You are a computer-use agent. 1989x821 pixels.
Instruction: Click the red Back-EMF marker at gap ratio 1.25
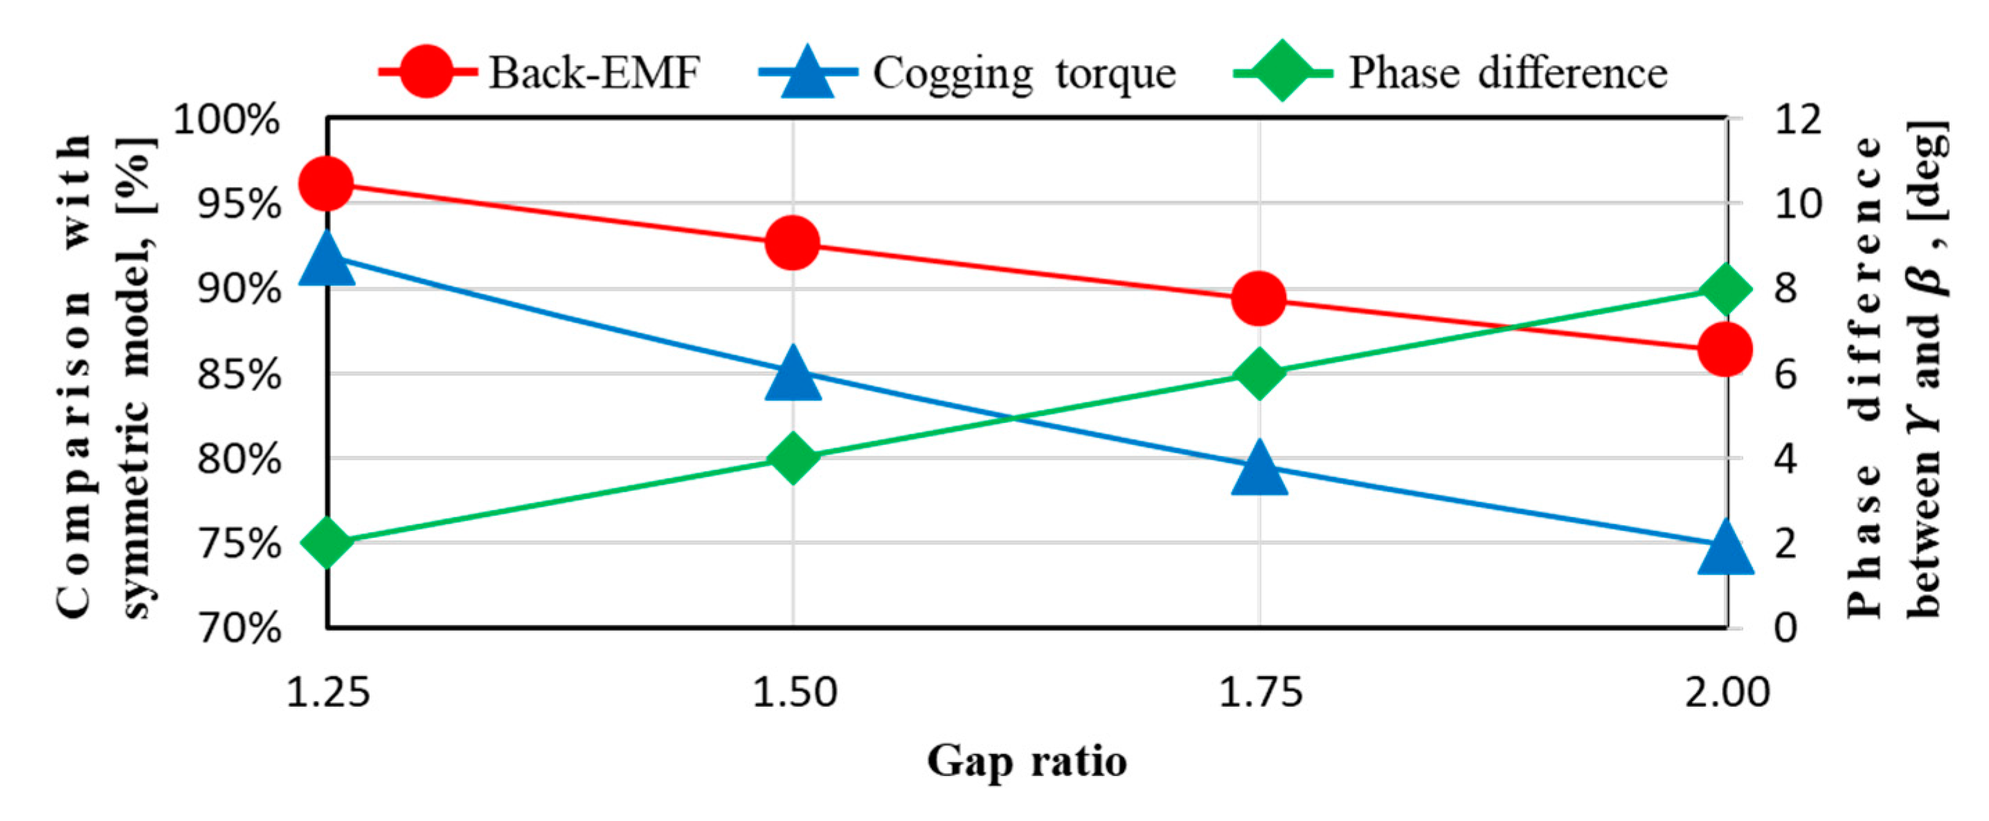tap(326, 183)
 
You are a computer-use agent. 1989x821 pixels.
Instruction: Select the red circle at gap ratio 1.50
tap(793, 242)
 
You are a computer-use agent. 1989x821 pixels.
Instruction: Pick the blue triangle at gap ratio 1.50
tap(793, 375)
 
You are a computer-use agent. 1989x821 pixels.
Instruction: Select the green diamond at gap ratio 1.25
tap(327, 542)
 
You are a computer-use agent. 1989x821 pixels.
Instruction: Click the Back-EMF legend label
tap(594, 73)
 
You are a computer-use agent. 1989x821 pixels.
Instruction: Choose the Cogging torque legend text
tap(1024, 73)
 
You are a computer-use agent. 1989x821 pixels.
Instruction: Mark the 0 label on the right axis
tap(1785, 628)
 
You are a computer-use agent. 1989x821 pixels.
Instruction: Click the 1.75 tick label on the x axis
tap(1260, 692)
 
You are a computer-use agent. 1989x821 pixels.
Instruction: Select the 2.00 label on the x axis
tap(1727, 692)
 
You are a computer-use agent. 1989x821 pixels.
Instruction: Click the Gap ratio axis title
tap(1026, 761)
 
